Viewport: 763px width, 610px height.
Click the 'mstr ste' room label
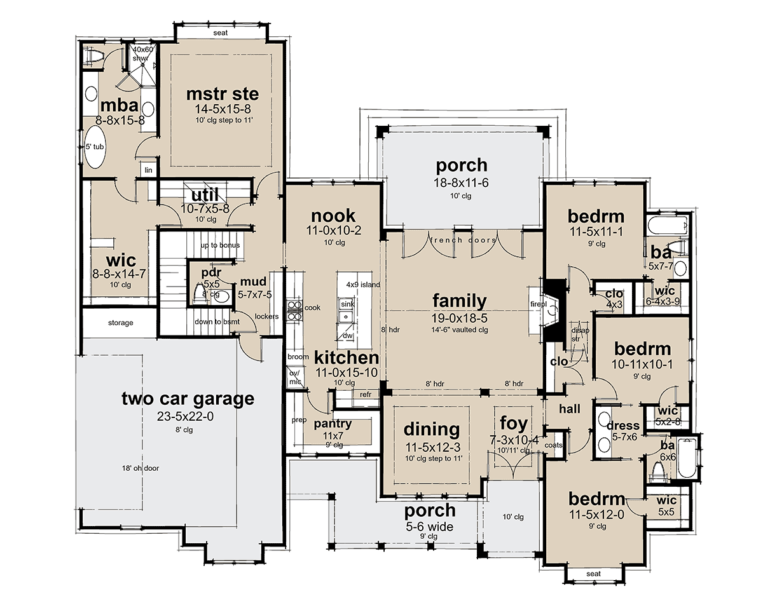(x=223, y=94)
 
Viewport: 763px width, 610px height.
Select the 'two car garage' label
(x=188, y=398)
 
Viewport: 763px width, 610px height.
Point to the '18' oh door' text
(x=141, y=468)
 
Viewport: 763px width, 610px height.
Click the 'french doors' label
(x=463, y=240)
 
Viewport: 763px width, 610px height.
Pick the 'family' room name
(x=460, y=301)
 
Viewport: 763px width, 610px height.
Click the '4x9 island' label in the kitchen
(x=363, y=284)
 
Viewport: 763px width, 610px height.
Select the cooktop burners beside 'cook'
(x=294, y=311)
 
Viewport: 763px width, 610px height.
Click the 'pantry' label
(x=333, y=424)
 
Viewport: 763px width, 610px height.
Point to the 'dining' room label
(x=432, y=430)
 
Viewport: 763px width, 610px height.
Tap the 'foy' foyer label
(x=513, y=423)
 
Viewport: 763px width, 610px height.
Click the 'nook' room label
(x=333, y=215)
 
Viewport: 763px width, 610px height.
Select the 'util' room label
(x=205, y=194)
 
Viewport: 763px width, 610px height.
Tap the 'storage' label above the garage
(x=121, y=323)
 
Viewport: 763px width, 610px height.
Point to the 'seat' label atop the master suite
(x=220, y=33)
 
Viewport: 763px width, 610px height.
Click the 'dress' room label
(x=623, y=425)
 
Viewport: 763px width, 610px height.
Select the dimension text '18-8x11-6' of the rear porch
(x=461, y=182)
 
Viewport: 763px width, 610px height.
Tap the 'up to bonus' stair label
(x=220, y=245)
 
